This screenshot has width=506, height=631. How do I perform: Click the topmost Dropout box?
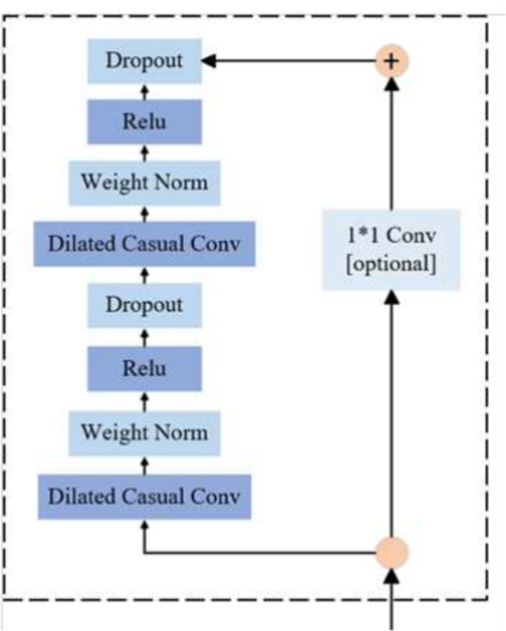point(145,61)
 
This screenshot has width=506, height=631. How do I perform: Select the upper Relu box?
point(145,120)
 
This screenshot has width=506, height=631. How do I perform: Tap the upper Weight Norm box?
point(145,182)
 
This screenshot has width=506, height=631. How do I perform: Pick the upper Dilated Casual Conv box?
point(145,243)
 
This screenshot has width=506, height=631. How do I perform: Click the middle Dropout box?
point(145,304)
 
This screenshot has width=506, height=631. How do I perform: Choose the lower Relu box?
point(145,367)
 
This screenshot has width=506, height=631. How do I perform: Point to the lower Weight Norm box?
point(145,431)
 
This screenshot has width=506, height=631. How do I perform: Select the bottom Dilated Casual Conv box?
point(145,496)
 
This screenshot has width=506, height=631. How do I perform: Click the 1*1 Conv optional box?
point(392,250)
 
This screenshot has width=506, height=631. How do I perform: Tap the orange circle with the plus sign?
point(392,61)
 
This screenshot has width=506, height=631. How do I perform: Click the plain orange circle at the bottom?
point(392,552)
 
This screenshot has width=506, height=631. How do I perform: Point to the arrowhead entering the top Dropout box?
point(211,61)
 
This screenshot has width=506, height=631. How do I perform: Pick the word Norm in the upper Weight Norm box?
point(185,182)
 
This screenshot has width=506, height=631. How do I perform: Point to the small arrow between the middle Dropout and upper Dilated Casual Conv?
point(145,273)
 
